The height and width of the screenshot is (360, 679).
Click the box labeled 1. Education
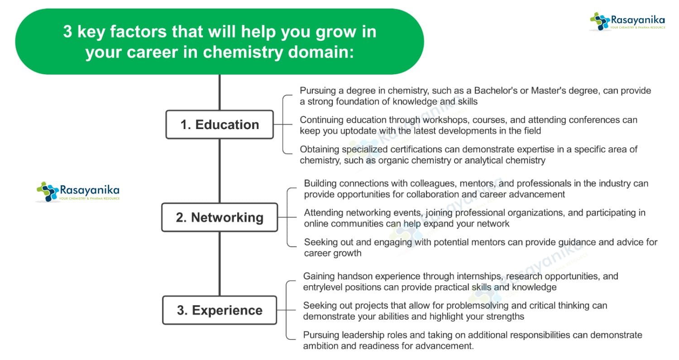pyautogui.click(x=220, y=125)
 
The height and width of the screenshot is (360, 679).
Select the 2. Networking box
pyautogui.click(x=220, y=217)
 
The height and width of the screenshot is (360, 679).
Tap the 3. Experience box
pyautogui.click(x=220, y=310)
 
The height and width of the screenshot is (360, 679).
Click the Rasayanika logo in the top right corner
pyautogui.click(x=627, y=22)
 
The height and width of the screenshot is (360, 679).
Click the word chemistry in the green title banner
pyautogui.click(x=243, y=53)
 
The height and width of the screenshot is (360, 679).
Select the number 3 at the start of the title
pyautogui.click(x=67, y=32)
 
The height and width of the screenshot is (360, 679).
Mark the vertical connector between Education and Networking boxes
pyautogui.click(x=220, y=171)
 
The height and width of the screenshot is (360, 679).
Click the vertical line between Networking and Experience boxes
pyautogui.click(x=220, y=264)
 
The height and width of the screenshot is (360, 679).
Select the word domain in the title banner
pyautogui.click(x=320, y=52)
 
